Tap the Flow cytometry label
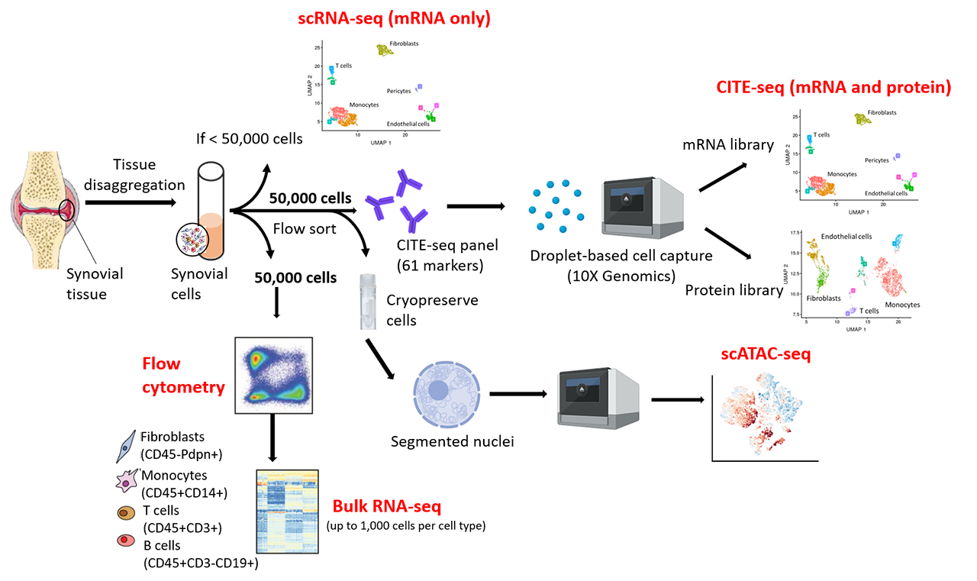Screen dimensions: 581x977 pos(182,376)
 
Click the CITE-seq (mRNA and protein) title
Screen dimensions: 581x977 pos(833,88)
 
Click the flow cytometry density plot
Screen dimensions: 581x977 pos(274,374)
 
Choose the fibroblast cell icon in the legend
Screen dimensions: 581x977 pos(124,447)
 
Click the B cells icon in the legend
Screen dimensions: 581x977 pos(125,541)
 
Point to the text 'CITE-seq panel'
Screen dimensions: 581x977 pos(437,246)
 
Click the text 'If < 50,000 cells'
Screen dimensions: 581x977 pos(248,138)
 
